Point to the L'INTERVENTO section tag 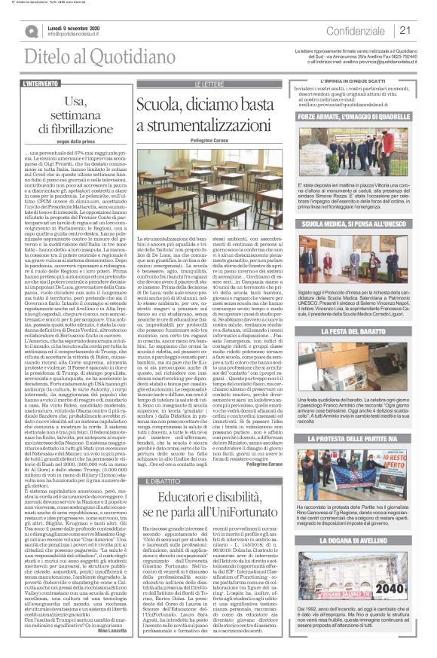point(43,83)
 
